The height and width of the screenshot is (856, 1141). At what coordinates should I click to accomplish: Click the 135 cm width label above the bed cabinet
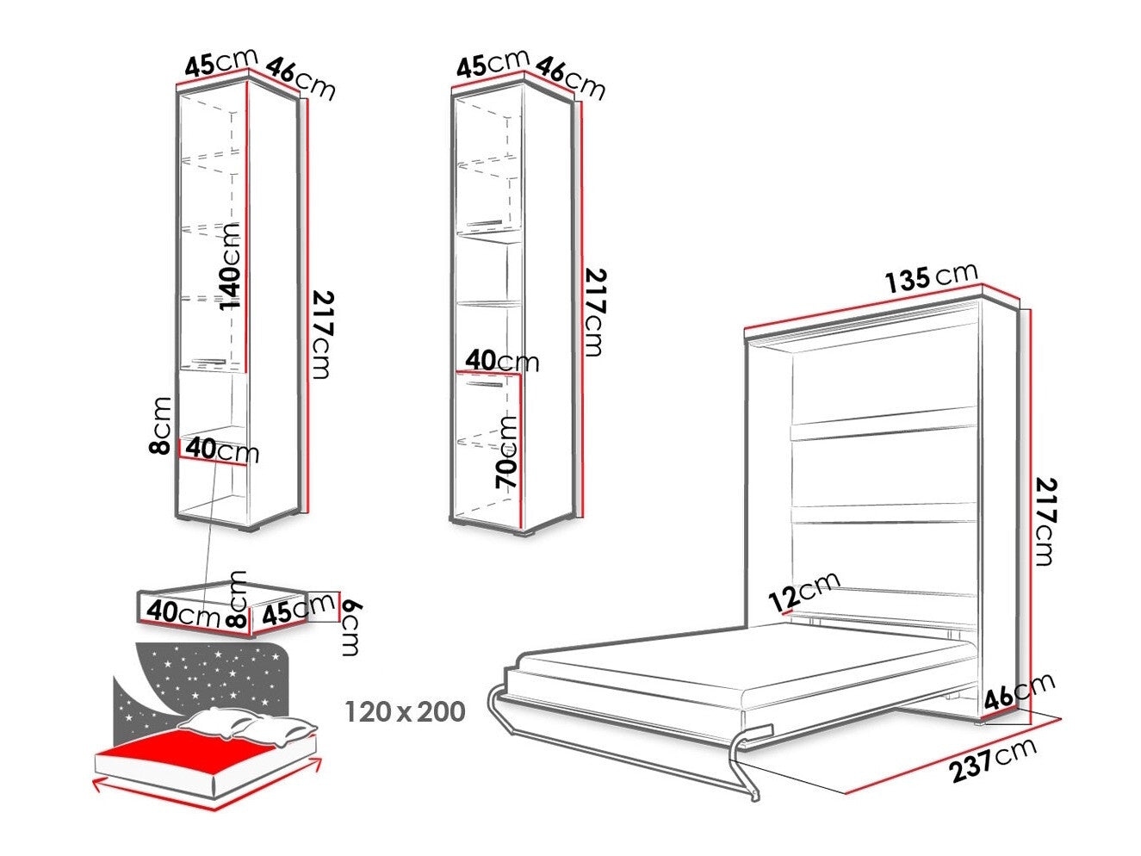pyautogui.click(x=931, y=278)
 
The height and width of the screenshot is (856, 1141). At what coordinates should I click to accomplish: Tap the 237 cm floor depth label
pyautogui.click(x=994, y=760)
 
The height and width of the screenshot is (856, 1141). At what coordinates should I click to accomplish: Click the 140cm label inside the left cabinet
pyautogui.click(x=230, y=267)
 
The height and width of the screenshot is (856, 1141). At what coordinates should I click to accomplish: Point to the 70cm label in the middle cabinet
pyautogui.click(x=506, y=451)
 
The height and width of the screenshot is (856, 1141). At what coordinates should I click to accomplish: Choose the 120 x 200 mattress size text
pyautogui.click(x=405, y=711)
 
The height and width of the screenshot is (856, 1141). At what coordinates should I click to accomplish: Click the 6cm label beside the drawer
pyautogui.click(x=350, y=627)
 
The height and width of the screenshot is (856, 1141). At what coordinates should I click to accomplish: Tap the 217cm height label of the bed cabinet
pyautogui.click(x=1045, y=522)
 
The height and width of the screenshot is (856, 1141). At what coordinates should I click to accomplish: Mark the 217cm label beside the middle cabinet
pyautogui.click(x=595, y=313)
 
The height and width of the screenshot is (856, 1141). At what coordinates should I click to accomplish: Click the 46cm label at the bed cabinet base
pyautogui.click(x=1020, y=691)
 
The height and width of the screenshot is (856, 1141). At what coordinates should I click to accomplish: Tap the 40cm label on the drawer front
pyautogui.click(x=183, y=613)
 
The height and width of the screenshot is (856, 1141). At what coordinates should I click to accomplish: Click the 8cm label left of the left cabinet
pyautogui.click(x=159, y=425)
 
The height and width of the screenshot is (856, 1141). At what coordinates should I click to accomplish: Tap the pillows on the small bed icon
pyautogui.click(x=246, y=726)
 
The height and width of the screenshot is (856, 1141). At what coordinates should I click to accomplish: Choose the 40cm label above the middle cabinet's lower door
pyautogui.click(x=502, y=361)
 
